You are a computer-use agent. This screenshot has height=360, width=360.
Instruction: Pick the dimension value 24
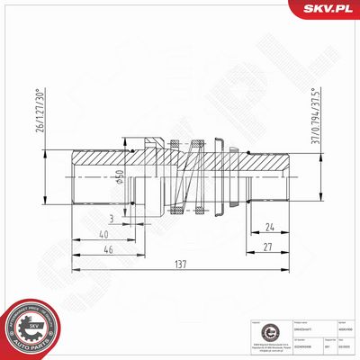pos(270,227)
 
